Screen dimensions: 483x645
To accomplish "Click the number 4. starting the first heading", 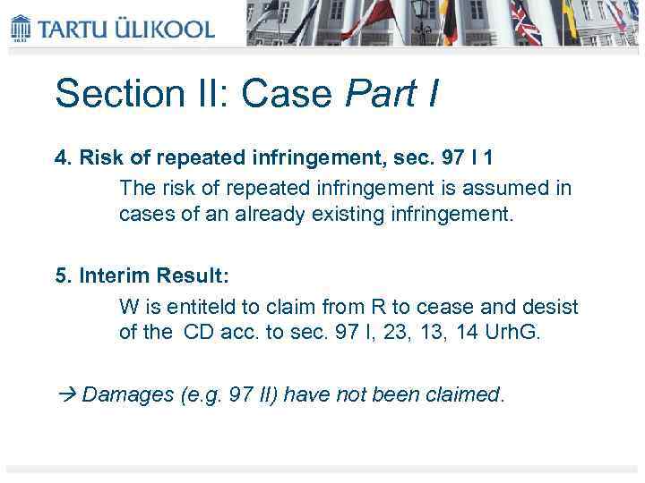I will (x=62, y=157).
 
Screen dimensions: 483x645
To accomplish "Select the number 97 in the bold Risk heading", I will (x=453, y=157).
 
